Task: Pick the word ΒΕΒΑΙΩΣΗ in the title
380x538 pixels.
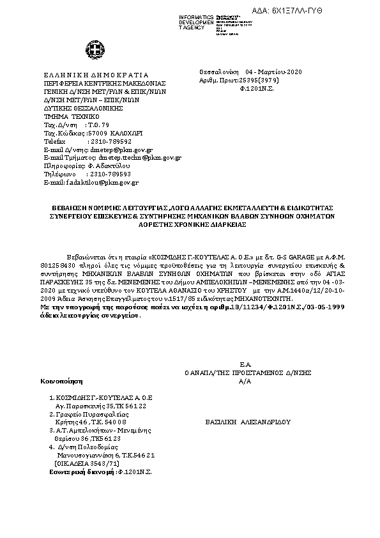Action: [x=70, y=208]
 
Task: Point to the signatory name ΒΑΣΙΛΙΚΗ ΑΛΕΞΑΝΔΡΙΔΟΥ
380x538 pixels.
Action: [x=248, y=422]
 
